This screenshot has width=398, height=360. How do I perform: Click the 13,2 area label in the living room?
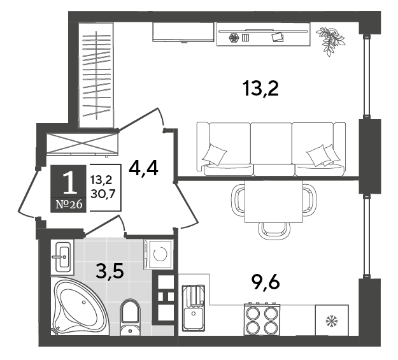pyautogui.click(x=260, y=89)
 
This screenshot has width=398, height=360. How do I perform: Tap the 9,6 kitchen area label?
pyautogui.click(x=266, y=283)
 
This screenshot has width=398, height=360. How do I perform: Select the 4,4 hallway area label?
pyautogui.click(x=143, y=169)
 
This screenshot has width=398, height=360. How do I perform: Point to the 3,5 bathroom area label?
pyautogui.click(x=110, y=271)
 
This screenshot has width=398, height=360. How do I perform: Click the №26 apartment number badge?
pyautogui.click(x=69, y=205)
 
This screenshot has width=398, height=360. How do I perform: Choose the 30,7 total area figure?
pyautogui.click(x=103, y=194)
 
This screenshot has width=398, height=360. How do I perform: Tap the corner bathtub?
pyautogui.click(x=79, y=306)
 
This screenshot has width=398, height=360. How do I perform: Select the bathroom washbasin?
pyautogui.click(x=62, y=257)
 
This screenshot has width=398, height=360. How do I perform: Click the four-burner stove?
pyautogui.click(x=262, y=319)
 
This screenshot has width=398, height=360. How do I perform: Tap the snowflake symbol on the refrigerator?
pyautogui.click(x=332, y=321)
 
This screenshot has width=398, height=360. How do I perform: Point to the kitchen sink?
pyautogui.click(x=194, y=308)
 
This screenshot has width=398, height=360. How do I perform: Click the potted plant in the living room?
pyautogui.click(x=330, y=41)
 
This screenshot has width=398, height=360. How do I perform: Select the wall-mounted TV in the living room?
pyautogui.click(x=183, y=32)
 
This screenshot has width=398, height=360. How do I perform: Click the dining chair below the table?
pyautogui.click(x=274, y=231)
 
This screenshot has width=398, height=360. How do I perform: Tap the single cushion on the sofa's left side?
pyautogui.click(x=215, y=154)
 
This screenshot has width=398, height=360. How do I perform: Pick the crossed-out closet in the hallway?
pyautogui.click(x=82, y=143)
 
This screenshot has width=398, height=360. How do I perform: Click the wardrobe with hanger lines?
pyautogui.click(x=96, y=75)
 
